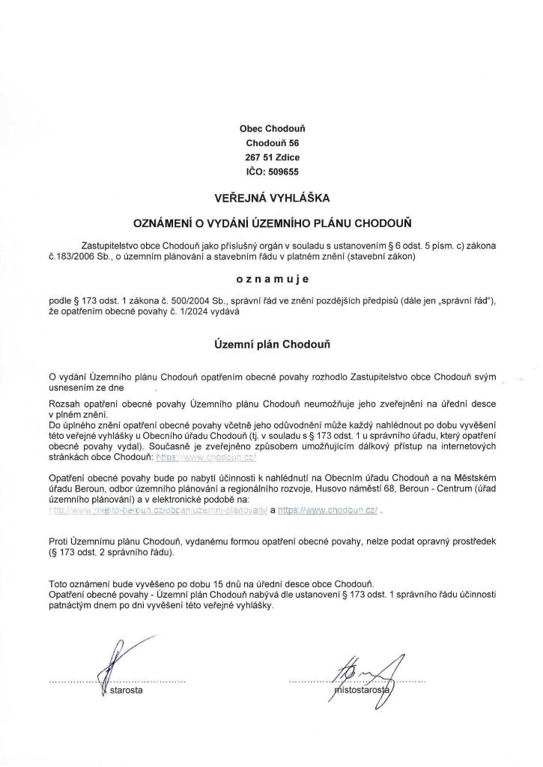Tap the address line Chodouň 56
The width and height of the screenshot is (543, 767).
pyautogui.click(x=272, y=142)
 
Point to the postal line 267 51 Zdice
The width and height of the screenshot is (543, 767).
pyautogui.click(x=272, y=157)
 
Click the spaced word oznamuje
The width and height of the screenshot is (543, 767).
pyautogui.click(x=272, y=278)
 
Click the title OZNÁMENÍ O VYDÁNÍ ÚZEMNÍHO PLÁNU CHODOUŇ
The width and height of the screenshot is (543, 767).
pyautogui.click(x=272, y=223)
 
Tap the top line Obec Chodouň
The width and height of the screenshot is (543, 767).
pyautogui.click(x=272, y=128)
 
